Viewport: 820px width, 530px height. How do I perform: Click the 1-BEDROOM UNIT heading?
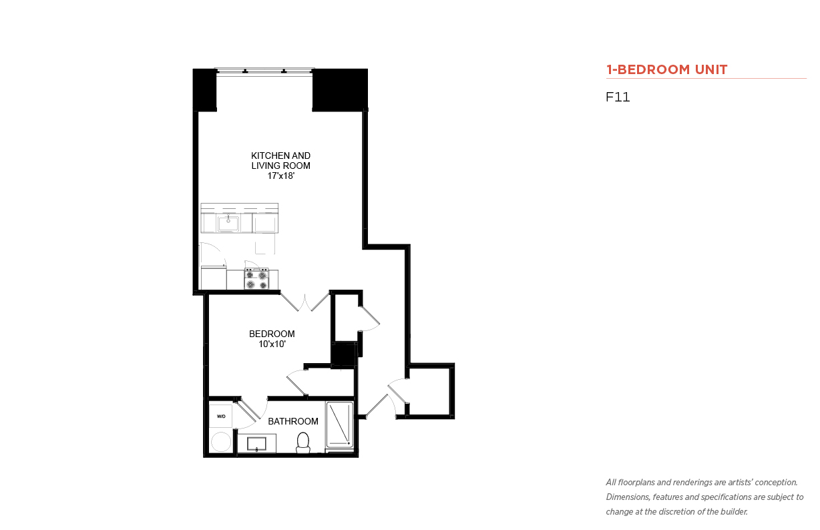(x=666, y=69)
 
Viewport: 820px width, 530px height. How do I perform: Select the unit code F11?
(x=618, y=97)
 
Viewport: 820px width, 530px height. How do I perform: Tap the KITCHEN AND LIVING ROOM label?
(x=280, y=161)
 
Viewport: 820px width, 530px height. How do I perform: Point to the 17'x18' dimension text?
(x=280, y=176)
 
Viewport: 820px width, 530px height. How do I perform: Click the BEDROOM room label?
(x=272, y=334)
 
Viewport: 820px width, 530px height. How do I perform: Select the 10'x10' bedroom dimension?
(x=272, y=344)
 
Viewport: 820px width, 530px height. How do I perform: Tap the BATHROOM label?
(x=293, y=421)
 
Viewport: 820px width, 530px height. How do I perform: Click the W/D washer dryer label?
(x=221, y=416)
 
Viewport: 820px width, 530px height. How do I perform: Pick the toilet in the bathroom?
(x=302, y=442)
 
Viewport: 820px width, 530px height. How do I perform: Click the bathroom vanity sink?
(x=256, y=444)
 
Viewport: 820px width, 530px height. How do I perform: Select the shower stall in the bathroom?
(x=340, y=425)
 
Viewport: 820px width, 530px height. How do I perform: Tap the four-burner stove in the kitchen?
(x=256, y=279)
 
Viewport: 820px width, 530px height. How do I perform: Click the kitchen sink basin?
(x=228, y=223)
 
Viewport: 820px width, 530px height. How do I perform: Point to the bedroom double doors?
(x=305, y=302)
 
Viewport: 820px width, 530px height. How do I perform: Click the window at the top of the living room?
(x=264, y=71)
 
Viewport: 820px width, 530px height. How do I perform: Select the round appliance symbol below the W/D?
(x=221, y=442)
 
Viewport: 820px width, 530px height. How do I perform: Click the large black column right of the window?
(x=340, y=89)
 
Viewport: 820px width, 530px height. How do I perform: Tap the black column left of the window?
(x=204, y=89)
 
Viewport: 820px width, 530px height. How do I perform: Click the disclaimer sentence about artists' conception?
(x=702, y=483)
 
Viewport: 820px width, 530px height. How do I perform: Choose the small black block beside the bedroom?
(x=343, y=354)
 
